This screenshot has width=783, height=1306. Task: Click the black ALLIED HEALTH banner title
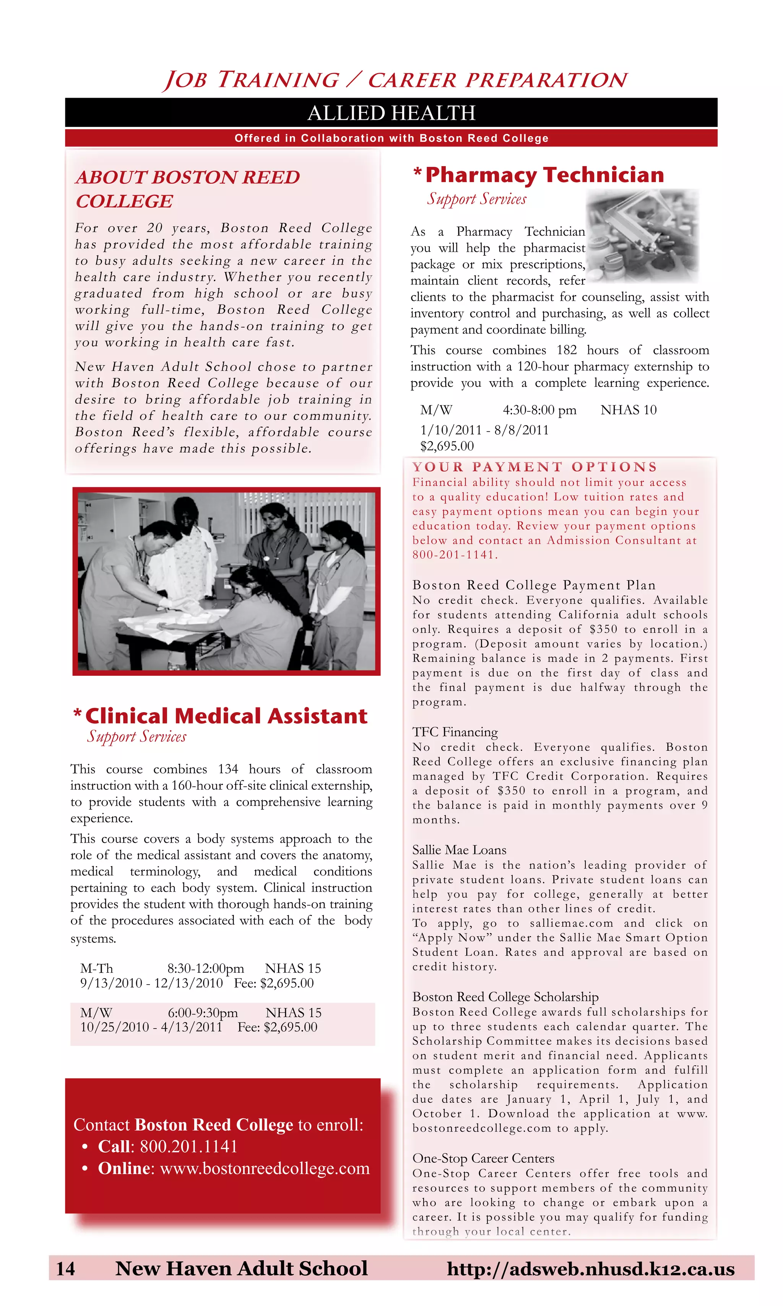click(x=391, y=113)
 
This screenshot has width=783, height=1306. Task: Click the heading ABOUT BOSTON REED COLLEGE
click(x=187, y=189)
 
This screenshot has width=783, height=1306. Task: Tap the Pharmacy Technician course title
click(x=544, y=175)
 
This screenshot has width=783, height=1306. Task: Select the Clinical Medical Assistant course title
click(x=226, y=716)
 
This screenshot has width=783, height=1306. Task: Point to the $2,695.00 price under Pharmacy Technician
click(x=447, y=446)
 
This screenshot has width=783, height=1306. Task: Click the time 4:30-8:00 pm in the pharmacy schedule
click(x=539, y=410)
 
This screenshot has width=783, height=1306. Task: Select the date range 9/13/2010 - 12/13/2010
click(x=151, y=983)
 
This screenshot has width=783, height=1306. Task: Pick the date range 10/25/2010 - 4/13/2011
click(x=151, y=1027)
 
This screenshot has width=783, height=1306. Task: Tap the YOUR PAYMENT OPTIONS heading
click(x=534, y=467)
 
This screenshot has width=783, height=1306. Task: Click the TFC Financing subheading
click(x=455, y=732)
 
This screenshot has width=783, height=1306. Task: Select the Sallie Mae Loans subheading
click(x=459, y=850)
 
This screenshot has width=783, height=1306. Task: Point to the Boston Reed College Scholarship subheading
click(x=505, y=996)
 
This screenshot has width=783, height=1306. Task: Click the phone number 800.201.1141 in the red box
click(x=188, y=1146)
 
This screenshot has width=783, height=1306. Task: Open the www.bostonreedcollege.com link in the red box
click(x=265, y=1169)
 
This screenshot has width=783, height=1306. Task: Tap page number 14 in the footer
click(x=65, y=1268)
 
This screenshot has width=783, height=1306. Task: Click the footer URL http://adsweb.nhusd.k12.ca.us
click(x=590, y=1268)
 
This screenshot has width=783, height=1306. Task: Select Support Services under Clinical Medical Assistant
click(x=136, y=737)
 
